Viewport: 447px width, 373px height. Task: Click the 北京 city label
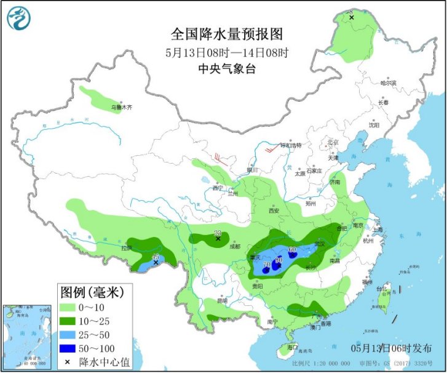(333, 142)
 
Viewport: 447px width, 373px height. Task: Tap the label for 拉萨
(127, 248)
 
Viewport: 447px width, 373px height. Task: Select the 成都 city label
(235, 246)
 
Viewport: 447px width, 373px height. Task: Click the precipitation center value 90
(279, 260)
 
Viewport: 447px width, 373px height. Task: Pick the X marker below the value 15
(156, 263)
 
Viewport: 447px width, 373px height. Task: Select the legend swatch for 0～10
(68, 307)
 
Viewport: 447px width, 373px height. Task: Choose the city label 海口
(300, 348)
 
